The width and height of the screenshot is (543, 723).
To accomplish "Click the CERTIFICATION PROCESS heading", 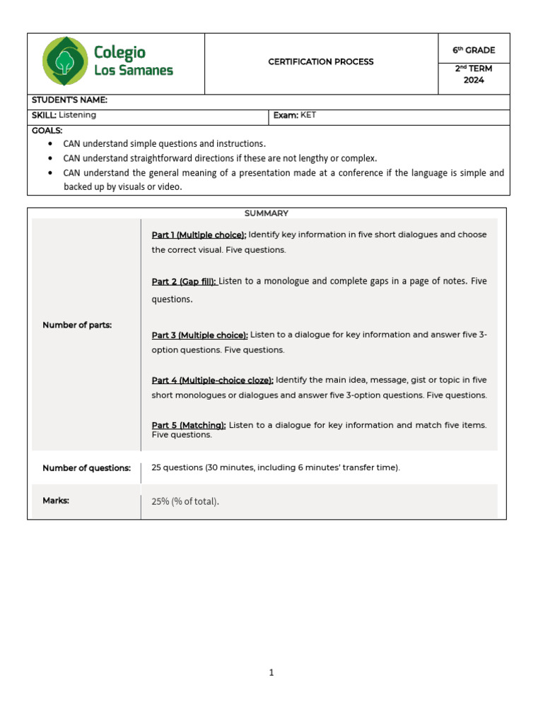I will click(x=321, y=62).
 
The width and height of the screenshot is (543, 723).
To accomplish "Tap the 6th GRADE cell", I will click(x=474, y=50).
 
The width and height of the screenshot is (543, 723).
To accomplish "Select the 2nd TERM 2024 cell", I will click(x=474, y=74).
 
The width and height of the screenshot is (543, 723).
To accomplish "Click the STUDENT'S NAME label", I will click(x=69, y=100).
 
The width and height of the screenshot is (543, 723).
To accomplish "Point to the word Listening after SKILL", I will click(x=78, y=114).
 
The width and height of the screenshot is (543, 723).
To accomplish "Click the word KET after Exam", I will click(x=308, y=115).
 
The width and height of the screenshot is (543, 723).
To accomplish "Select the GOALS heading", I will click(x=47, y=131).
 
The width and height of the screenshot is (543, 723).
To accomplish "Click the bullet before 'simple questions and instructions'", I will click(x=49, y=144).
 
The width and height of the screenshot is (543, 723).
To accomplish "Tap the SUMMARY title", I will click(x=267, y=213).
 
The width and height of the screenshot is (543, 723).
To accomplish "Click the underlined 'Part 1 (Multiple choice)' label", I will click(x=199, y=235).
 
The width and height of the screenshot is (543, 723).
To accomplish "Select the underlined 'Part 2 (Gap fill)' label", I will click(x=184, y=282).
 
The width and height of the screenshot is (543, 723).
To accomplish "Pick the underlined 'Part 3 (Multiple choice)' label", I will click(x=199, y=335).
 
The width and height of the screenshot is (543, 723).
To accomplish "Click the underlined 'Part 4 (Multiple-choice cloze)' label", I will click(x=212, y=380).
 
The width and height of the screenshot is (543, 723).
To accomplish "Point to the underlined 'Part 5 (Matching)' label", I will click(x=189, y=425).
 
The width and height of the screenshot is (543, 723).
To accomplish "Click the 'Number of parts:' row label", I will click(x=77, y=325).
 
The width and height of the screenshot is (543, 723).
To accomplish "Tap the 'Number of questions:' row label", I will click(x=86, y=468).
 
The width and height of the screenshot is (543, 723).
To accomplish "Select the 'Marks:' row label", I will click(x=56, y=501).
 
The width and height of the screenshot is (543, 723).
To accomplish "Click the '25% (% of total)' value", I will click(x=185, y=502).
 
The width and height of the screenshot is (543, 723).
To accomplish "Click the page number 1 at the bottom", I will click(x=271, y=673).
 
